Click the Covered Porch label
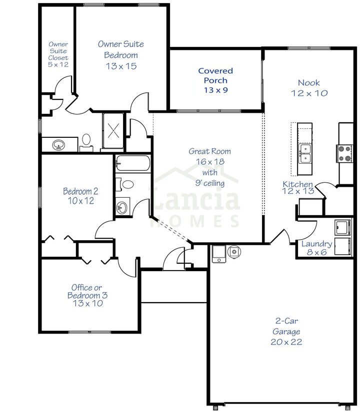215,80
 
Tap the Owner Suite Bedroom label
120,55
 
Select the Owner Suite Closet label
58,54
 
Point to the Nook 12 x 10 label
309,88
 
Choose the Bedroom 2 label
80,196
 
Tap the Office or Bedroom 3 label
87,295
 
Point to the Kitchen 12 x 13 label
298,188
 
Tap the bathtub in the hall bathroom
133,164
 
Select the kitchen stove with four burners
345,152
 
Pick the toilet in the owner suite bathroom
86,141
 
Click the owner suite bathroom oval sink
58,145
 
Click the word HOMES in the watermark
197,220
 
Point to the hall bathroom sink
121,206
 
